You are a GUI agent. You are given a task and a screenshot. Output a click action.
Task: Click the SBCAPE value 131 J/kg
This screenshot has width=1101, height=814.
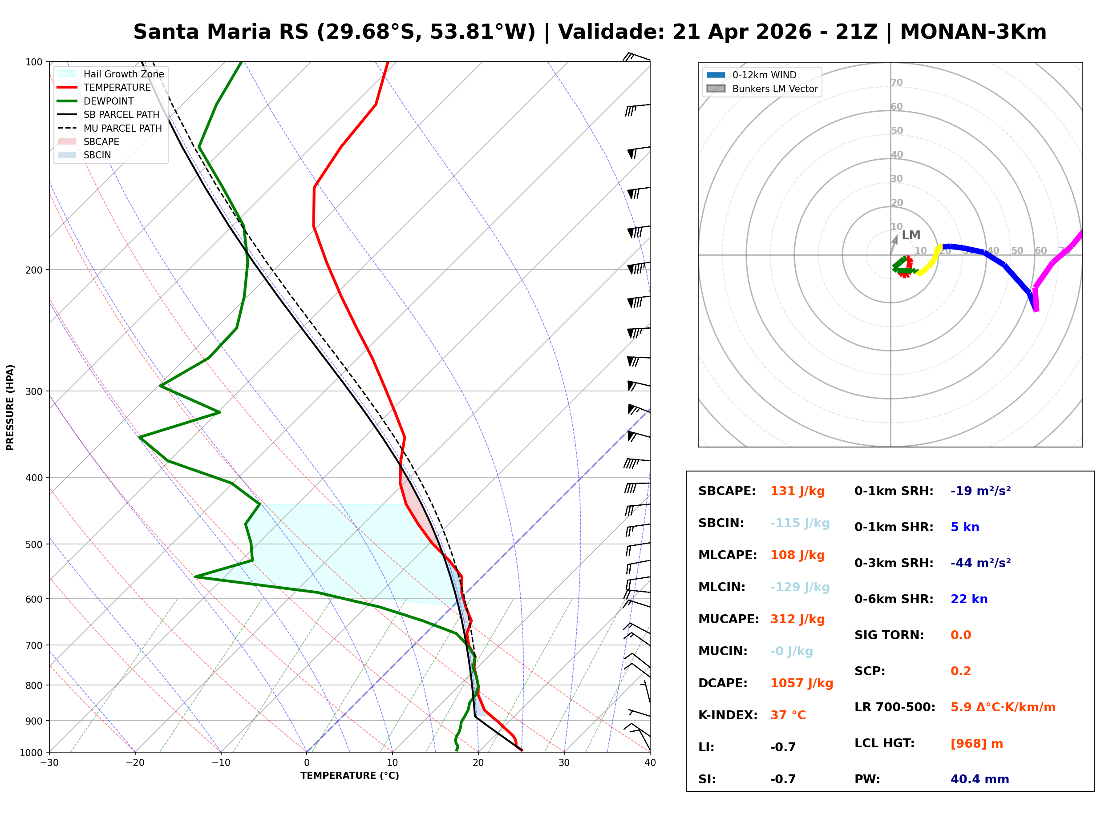(797, 491)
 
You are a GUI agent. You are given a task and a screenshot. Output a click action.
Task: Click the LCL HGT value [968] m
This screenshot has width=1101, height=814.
(976, 744)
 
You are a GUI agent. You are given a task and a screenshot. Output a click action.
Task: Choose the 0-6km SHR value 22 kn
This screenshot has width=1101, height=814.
(969, 599)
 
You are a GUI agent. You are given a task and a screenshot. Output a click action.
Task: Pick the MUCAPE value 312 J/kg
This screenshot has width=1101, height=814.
(797, 619)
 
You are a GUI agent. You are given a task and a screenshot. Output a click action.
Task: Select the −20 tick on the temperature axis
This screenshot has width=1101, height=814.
(134, 763)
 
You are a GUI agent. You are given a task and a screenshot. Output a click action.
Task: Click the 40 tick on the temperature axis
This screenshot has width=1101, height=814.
(650, 763)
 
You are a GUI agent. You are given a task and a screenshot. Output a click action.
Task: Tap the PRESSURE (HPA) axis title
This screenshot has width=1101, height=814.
(10, 407)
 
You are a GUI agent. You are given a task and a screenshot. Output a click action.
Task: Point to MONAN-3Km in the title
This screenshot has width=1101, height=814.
(973, 32)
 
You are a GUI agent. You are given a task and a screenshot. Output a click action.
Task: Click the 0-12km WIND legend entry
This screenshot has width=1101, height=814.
(764, 75)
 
